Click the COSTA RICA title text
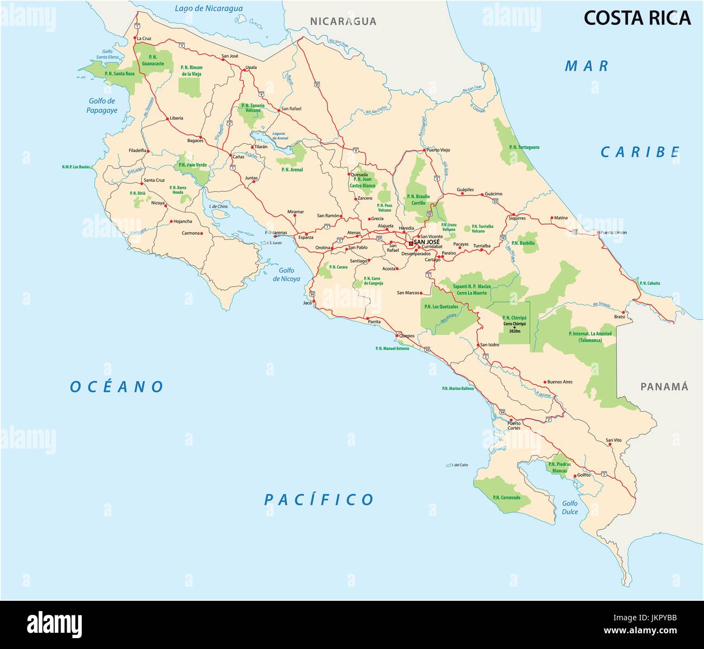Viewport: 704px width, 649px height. pyautogui.click(x=637, y=18)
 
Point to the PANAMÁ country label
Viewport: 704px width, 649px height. pyautogui.click(x=664, y=387)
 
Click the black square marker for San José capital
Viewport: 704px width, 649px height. pyautogui.click(x=410, y=243)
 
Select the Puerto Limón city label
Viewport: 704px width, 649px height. pyautogui.click(x=613, y=232)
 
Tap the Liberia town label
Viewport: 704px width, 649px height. pyautogui.click(x=177, y=118)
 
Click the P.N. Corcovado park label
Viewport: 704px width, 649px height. pyautogui.click(x=506, y=497)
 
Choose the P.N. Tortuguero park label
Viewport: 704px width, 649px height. pyautogui.click(x=524, y=147)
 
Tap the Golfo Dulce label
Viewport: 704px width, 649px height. pyautogui.click(x=570, y=508)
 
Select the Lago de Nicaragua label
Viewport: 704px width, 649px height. pyautogui.click(x=208, y=8)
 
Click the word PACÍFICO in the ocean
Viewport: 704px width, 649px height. pyautogui.click(x=319, y=499)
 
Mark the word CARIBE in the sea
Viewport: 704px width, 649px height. pyautogui.click(x=640, y=152)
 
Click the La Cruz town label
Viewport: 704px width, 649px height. pyautogui.click(x=144, y=38)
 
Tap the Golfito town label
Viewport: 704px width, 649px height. pyautogui.click(x=584, y=475)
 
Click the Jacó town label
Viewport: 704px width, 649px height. pyautogui.click(x=307, y=303)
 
